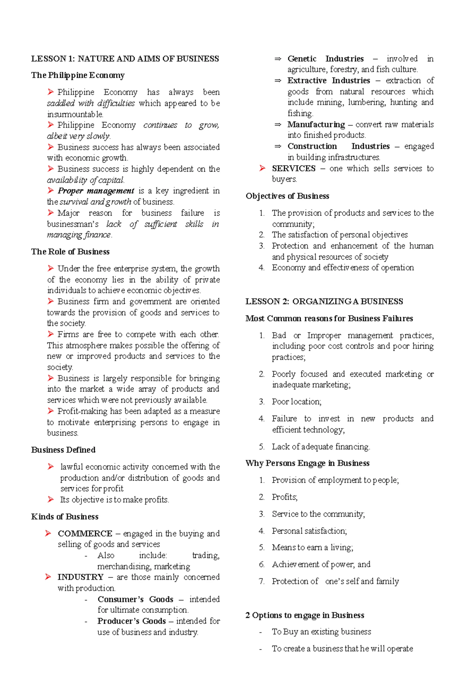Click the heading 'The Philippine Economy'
tap(77, 75)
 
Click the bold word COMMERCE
tap(85, 534)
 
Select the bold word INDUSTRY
tap(80, 577)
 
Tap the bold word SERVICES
tap(294, 169)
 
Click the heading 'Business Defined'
tap(63, 450)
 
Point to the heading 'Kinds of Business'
tap(65, 517)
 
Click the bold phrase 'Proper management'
tap(96, 191)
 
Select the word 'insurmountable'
tap(74, 114)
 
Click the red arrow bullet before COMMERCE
tap(48, 533)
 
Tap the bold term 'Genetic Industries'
tap(325, 59)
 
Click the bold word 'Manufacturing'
tap(316, 125)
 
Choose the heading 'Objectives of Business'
tap(287, 196)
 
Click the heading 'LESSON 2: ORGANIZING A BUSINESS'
tap(324, 302)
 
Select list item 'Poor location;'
tap(297, 402)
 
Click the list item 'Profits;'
tap(285, 497)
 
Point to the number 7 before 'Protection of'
tap(262, 581)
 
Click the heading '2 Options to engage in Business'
tap(304, 615)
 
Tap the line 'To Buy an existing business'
tap(321, 632)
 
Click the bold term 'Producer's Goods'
tap(132, 621)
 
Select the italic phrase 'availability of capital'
tap(85, 180)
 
